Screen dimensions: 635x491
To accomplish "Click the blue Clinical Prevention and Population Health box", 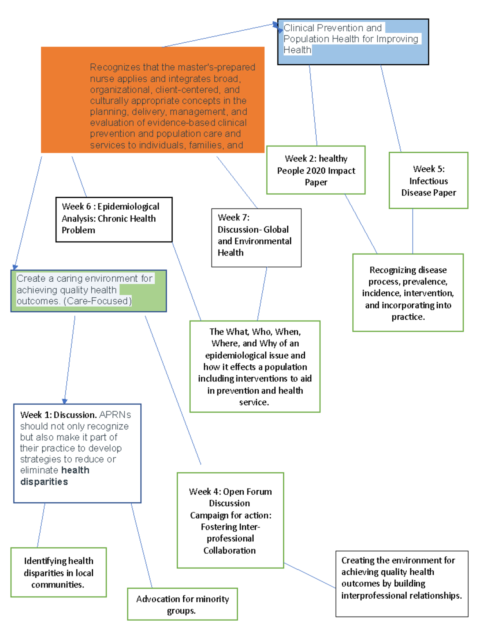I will click(353, 42).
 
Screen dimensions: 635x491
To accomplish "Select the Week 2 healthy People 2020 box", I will click(315, 170).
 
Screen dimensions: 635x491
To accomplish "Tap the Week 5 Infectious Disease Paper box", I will click(428, 180).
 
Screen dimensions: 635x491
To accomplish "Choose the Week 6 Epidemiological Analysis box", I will click(114, 220).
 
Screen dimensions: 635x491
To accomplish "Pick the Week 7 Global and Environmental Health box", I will click(256, 238).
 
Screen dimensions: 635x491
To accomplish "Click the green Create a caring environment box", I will click(88, 291).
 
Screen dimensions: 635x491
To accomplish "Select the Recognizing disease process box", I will click(408, 293).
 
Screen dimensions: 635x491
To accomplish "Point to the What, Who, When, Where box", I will click(255, 366).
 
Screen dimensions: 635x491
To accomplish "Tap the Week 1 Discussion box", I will click(77, 453).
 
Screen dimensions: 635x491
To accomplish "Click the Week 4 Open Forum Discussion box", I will click(230, 520).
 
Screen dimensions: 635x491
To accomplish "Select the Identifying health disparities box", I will click(59, 572).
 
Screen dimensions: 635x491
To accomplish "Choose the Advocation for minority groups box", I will click(182, 604).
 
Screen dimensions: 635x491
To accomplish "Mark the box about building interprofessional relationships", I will click(401, 583).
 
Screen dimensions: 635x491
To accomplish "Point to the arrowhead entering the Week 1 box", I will click(65, 401).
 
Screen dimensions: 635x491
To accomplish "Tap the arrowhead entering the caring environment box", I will click(16, 267).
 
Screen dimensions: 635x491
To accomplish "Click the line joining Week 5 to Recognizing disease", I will click(412, 231).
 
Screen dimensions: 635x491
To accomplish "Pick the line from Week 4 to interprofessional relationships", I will click(309, 575).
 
